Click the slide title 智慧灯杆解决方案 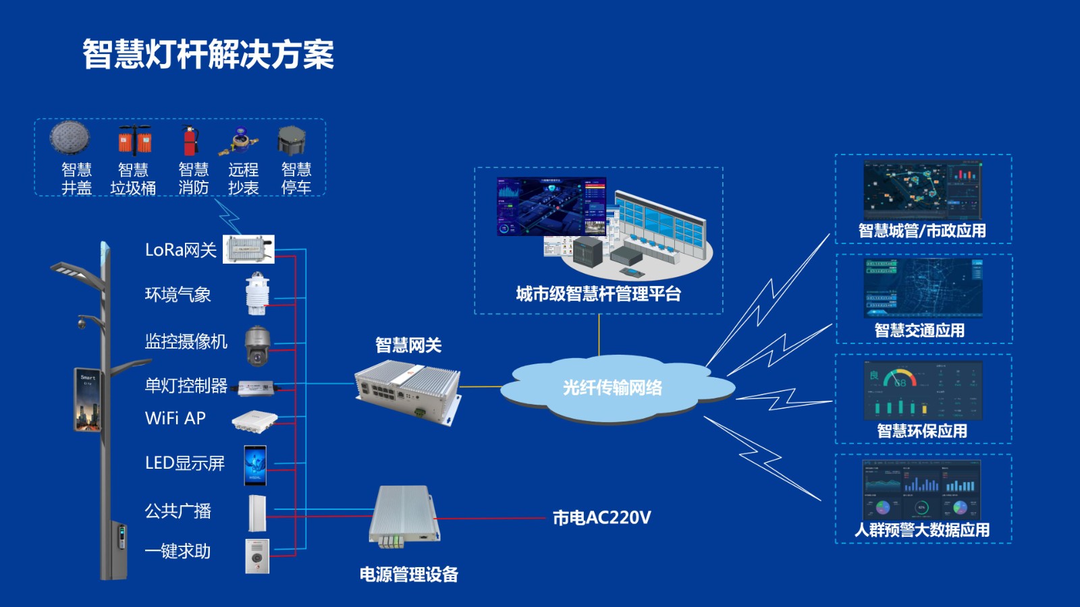pos(208,55)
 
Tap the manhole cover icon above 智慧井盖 pos(70,138)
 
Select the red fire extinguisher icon pos(190,140)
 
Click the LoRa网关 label pos(180,250)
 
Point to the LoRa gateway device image pos(248,250)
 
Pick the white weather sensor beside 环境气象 pos(257,294)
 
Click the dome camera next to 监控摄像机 pos(257,345)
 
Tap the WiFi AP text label pos(175,418)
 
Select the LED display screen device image pos(255,465)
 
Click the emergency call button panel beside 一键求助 pos(257,556)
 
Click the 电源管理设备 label pos(408,575)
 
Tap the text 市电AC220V pos(601,518)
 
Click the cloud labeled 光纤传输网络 pos(612,388)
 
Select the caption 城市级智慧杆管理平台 pos(598,294)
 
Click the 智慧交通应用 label pos(919,330)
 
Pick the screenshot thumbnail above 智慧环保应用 pos(923,391)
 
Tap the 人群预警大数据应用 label pos(922,530)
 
